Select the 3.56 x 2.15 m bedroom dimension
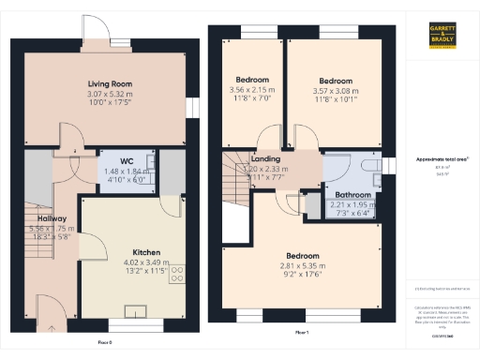click(x=251, y=90)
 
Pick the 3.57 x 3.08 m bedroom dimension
click(x=333, y=90)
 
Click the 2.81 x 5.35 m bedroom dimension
click(x=302, y=265)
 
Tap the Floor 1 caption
click(x=302, y=333)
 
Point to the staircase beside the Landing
click(x=236, y=176)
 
